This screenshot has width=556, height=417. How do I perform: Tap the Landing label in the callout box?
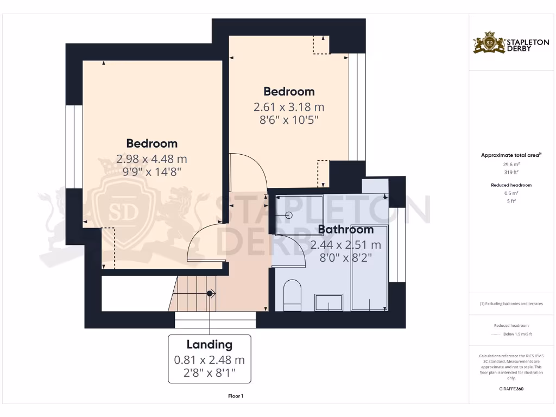pos(209,344)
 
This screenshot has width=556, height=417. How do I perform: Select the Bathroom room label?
pos(346,229)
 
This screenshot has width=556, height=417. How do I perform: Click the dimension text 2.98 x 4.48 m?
pos(151,159)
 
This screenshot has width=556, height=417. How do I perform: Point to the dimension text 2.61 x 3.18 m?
pos(289,107)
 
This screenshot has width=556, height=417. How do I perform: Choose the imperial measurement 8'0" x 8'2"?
pos(346,258)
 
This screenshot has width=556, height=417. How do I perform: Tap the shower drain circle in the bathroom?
pos(288,215)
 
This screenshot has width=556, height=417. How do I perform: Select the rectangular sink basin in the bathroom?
pos(329,302)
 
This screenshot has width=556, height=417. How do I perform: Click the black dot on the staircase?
pos(210,294)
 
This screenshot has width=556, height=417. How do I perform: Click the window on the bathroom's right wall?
pos(397,244)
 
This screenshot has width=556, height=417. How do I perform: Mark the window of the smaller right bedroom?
pos(357,106)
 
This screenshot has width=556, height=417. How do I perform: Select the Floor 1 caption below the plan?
pos(235,396)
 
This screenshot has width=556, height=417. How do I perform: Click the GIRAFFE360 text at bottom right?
pos(510,389)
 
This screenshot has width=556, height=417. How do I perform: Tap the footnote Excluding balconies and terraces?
pos(510,304)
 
